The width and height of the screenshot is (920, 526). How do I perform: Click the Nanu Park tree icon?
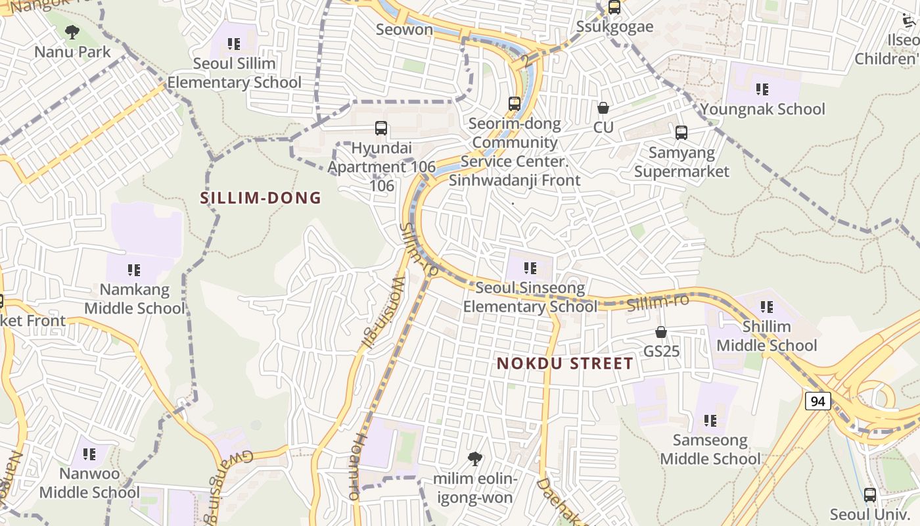[x=72, y=32]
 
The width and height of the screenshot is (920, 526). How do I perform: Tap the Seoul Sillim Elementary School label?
[x=234, y=73]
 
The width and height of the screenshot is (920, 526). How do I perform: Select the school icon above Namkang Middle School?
[x=134, y=270]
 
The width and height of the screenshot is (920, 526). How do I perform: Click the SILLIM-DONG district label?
[x=261, y=198]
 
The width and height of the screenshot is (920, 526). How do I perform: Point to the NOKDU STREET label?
[x=565, y=364]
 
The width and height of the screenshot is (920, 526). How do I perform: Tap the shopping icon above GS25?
[x=661, y=332]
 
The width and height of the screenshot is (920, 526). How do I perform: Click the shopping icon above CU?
[x=603, y=108]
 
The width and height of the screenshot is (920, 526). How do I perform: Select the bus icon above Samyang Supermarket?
[x=681, y=133]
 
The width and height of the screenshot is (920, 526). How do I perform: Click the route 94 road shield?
[x=818, y=401]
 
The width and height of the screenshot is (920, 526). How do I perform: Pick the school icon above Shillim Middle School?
[x=766, y=306]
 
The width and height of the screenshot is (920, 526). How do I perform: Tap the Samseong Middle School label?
[x=710, y=449]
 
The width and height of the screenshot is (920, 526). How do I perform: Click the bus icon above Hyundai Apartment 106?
[x=381, y=128]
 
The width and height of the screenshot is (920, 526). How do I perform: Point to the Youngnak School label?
[x=762, y=109]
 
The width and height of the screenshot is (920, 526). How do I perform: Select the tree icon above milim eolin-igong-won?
[x=474, y=459]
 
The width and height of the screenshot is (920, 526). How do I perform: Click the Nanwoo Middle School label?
[x=89, y=483]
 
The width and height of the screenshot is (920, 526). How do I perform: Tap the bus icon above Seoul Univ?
[x=870, y=495]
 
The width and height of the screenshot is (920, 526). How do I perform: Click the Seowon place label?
[x=405, y=30]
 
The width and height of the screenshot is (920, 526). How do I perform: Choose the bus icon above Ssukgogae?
[x=614, y=7]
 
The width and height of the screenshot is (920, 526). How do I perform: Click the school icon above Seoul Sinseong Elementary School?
[x=530, y=268]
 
